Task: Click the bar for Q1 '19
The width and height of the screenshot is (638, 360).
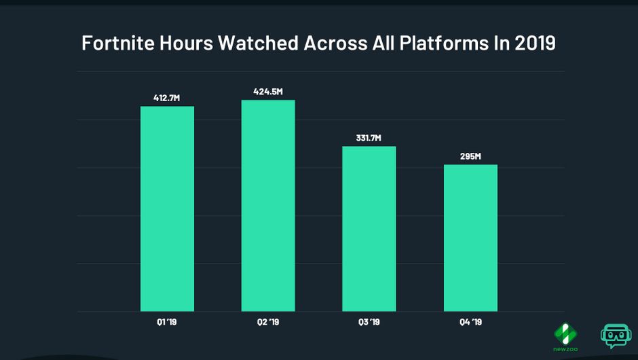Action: (167, 209)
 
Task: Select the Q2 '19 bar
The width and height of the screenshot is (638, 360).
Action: (268, 206)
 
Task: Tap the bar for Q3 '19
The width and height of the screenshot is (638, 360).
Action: (369, 229)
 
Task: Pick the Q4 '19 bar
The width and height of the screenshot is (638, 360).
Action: (470, 238)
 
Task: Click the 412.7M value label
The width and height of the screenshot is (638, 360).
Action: (167, 98)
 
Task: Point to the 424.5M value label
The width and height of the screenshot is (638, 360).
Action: (268, 92)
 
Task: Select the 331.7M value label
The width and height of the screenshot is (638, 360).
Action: (369, 138)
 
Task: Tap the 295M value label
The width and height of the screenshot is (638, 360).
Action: (470, 156)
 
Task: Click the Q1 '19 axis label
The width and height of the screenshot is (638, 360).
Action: (167, 323)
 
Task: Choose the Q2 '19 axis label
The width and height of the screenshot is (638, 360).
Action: (268, 323)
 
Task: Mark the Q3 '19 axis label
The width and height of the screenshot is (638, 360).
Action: (369, 323)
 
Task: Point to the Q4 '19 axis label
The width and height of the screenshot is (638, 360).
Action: (470, 323)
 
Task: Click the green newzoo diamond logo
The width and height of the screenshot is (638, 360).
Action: (565, 332)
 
